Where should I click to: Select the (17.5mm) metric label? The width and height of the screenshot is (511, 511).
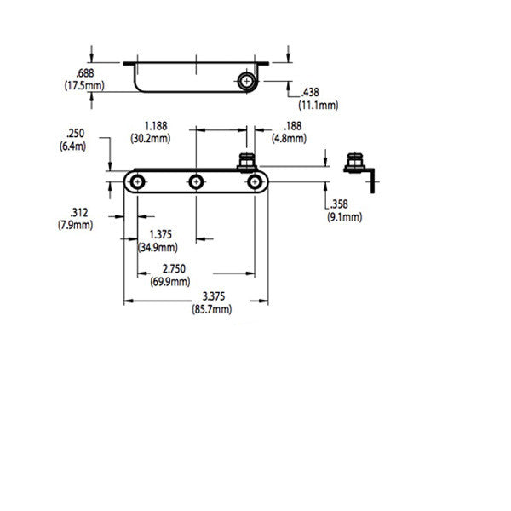tap(83, 86)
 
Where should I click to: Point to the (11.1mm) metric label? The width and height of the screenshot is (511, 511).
tap(318, 105)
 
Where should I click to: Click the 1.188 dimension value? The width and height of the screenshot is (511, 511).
tap(153, 124)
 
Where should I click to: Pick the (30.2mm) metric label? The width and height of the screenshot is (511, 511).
tap(153, 136)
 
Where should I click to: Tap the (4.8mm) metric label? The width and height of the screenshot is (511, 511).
tap(289, 137)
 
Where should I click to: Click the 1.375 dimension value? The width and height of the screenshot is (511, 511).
tap(163, 234)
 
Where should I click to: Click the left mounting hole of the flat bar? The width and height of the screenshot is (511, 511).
tap(137, 181)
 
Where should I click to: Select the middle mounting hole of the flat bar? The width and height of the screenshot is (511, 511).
tap(196, 181)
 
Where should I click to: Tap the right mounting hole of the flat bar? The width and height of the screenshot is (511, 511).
tap(254, 181)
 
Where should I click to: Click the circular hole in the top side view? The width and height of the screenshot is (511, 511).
tap(247, 81)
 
